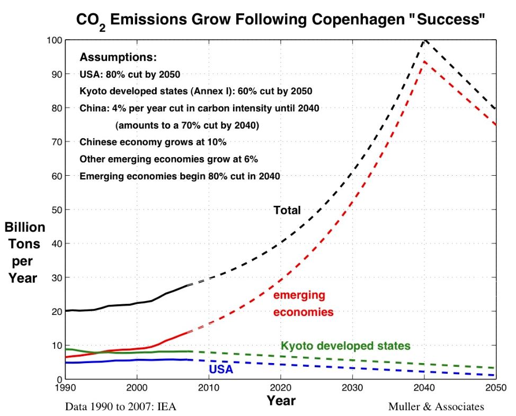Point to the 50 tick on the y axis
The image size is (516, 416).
[x=55, y=210]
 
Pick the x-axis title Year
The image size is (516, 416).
[x=281, y=401]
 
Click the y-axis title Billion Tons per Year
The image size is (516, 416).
[x=25, y=252]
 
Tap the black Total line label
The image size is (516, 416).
[x=287, y=211]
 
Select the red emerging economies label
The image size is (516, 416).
[x=303, y=304]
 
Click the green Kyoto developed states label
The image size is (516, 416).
[x=345, y=346]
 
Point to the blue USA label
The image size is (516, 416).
[x=220, y=369]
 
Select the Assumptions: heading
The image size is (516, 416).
[x=118, y=57]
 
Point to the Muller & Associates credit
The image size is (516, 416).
[x=435, y=407]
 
